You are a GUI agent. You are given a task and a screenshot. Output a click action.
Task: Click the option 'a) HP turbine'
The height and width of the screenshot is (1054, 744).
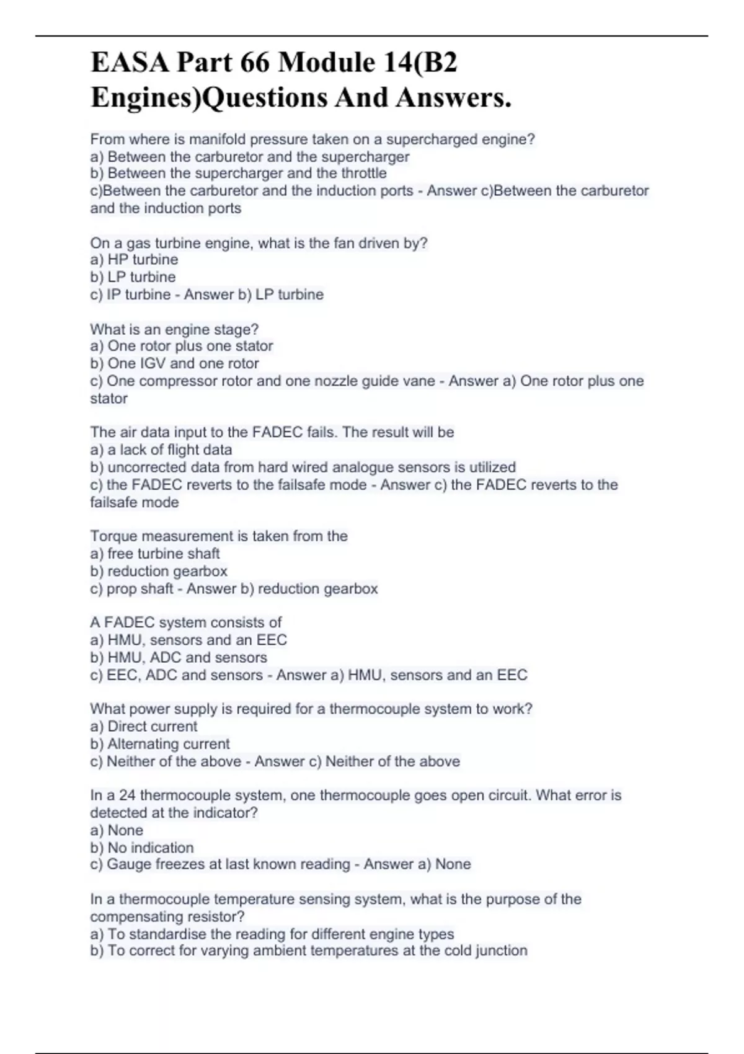pyautogui.click(x=134, y=260)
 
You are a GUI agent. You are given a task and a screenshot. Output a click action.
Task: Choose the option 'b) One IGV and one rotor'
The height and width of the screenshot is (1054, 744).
pyautogui.click(x=174, y=363)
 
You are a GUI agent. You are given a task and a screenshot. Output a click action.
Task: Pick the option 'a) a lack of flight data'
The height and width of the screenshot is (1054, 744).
pyautogui.click(x=161, y=449)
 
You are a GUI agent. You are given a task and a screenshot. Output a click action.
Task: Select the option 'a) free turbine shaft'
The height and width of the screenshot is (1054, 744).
pyautogui.click(x=155, y=554)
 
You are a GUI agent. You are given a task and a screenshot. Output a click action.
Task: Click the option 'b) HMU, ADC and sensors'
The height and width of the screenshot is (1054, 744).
pyautogui.click(x=179, y=657)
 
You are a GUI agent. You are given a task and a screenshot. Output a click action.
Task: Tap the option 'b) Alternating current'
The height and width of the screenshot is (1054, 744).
pyautogui.click(x=160, y=743)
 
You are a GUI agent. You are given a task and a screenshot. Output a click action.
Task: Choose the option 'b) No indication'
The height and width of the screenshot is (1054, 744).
pyautogui.click(x=142, y=848)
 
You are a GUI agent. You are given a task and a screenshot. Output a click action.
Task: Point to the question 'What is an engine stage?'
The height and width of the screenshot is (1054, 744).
pyautogui.click(x=174, y=329)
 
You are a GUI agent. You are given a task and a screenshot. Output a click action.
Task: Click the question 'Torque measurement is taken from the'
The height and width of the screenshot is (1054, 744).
pyautogui.click(x=219, y=536)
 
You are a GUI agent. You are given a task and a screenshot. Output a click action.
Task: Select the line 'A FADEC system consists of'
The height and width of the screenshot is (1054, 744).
pyautogui.click(x=186, y=622)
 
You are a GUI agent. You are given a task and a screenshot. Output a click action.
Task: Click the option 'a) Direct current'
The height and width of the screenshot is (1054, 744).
pyautogui.click(x=144, y=726)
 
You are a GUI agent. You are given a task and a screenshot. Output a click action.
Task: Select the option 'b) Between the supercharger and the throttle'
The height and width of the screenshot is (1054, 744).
pyautogui.click(x=239, y=174)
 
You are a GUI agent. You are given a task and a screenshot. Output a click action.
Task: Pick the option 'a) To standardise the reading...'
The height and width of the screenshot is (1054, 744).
pyautogui.click(x=272, y=934)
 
